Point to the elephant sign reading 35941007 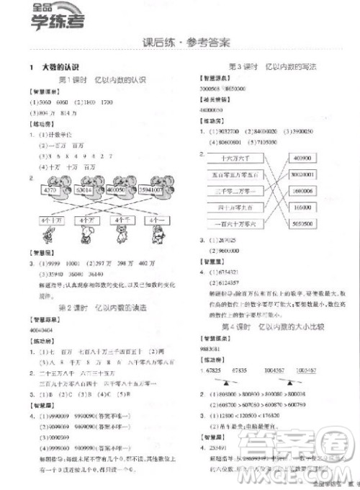(149, 190)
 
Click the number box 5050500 (309, 224)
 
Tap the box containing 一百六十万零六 (231, 224)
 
